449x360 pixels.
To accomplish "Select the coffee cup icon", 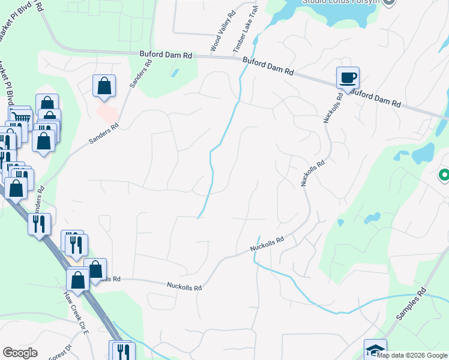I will pyautogui.click(x=348, y=77).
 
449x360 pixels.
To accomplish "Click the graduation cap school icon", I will pyautogui.click(x=375, y=349).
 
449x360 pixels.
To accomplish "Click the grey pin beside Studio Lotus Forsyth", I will pyautogui.click(x=389, y=2).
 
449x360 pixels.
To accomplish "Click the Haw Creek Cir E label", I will pyautogui.click(x=77, y=313).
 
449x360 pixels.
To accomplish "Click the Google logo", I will pyautogui.click(x=20, y=353).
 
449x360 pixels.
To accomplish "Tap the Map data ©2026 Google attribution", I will pyautogui.click(x=412, y=355).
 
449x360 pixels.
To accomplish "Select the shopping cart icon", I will pyautogui.click(x=20, y=116).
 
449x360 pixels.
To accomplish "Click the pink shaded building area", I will pyautogui.click(x=107, y=112).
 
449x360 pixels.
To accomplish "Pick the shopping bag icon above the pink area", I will pyautogui.click(x=104, y=86).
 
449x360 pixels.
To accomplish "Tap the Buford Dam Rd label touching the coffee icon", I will pyautogui.click(x=375, y=98).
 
